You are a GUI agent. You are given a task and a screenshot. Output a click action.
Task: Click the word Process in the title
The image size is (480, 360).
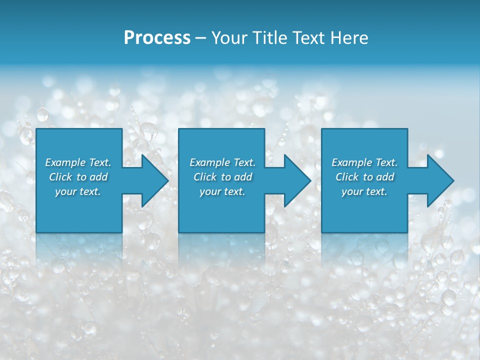pos(157,38)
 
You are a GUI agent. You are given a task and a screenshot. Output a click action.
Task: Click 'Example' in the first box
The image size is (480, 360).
pos(65,162)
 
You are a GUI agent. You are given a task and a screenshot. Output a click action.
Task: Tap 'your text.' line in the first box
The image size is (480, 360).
pos(78,191)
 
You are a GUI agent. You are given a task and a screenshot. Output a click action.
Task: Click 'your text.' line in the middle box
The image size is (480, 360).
pos(222,191)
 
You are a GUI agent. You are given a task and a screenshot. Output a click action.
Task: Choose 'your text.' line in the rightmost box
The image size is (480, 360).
pos(364,191)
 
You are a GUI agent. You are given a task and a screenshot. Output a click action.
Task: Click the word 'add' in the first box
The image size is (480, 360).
pos(99,177)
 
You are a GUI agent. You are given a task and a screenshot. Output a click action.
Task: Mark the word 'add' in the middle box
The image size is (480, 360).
pos(243,177)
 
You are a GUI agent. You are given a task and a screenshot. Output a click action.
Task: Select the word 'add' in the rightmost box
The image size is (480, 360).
pos(385,177)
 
